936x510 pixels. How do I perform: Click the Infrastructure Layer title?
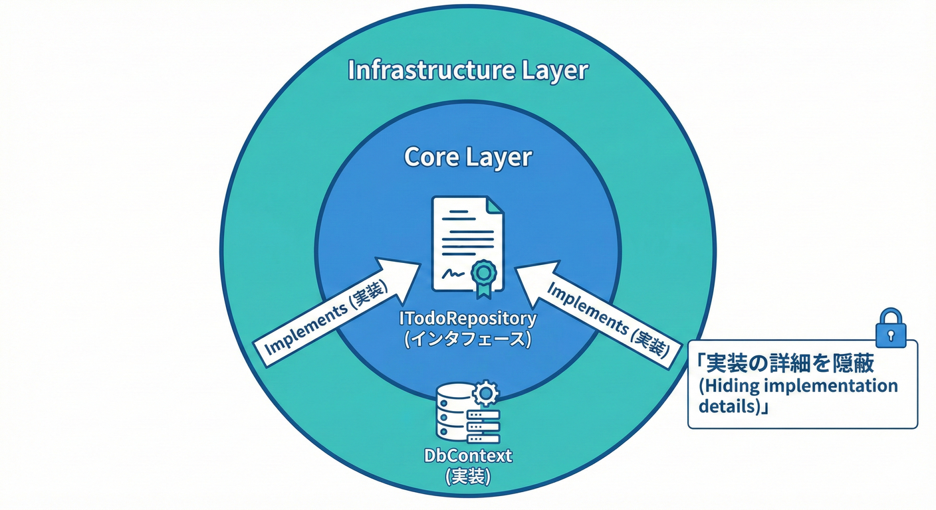pyautogui.click(x=468, y=70)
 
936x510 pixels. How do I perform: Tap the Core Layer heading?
pyautogui.click(x=468, y=157)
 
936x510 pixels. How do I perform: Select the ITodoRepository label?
pyautogui.click(x=468, y=318)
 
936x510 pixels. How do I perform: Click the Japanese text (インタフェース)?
pyautogui.click(x=468, y=339)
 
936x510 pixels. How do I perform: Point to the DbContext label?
pyautogui.click(x=468, y=456)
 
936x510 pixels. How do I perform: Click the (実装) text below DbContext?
pyautogui.click(x=468, y=476)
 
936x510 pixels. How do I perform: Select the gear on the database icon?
pyautogui.click(x=485, y=394)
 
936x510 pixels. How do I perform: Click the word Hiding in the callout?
pyautogui.click(x=735, y=386)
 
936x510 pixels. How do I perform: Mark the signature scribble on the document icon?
pyautogui.click(x=453, y=273)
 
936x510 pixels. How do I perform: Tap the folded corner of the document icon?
pyautogui.click(x=495, y=205)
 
